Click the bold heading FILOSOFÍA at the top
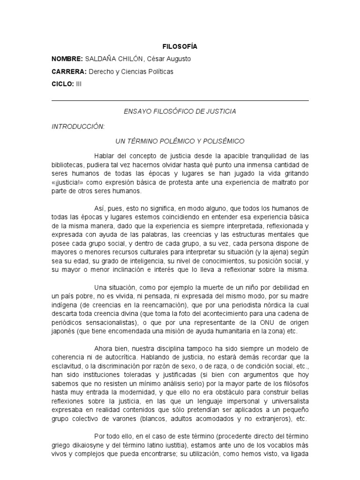point(180,46)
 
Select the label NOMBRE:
point(67,59)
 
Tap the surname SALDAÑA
point(101,59)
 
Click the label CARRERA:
point(68,72)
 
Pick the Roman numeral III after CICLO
point(79,84)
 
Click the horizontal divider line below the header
point(180,100)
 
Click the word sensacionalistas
point(110,322)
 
